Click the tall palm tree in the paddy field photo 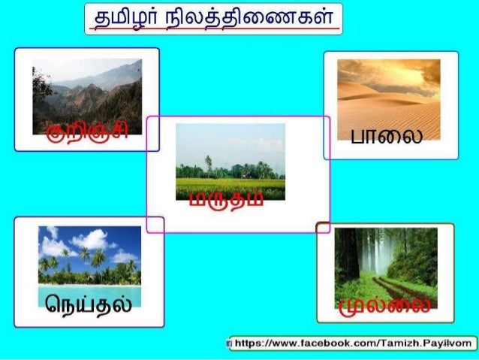coord(208,165)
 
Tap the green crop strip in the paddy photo coord(230,183)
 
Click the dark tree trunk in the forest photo coord(347,256)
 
